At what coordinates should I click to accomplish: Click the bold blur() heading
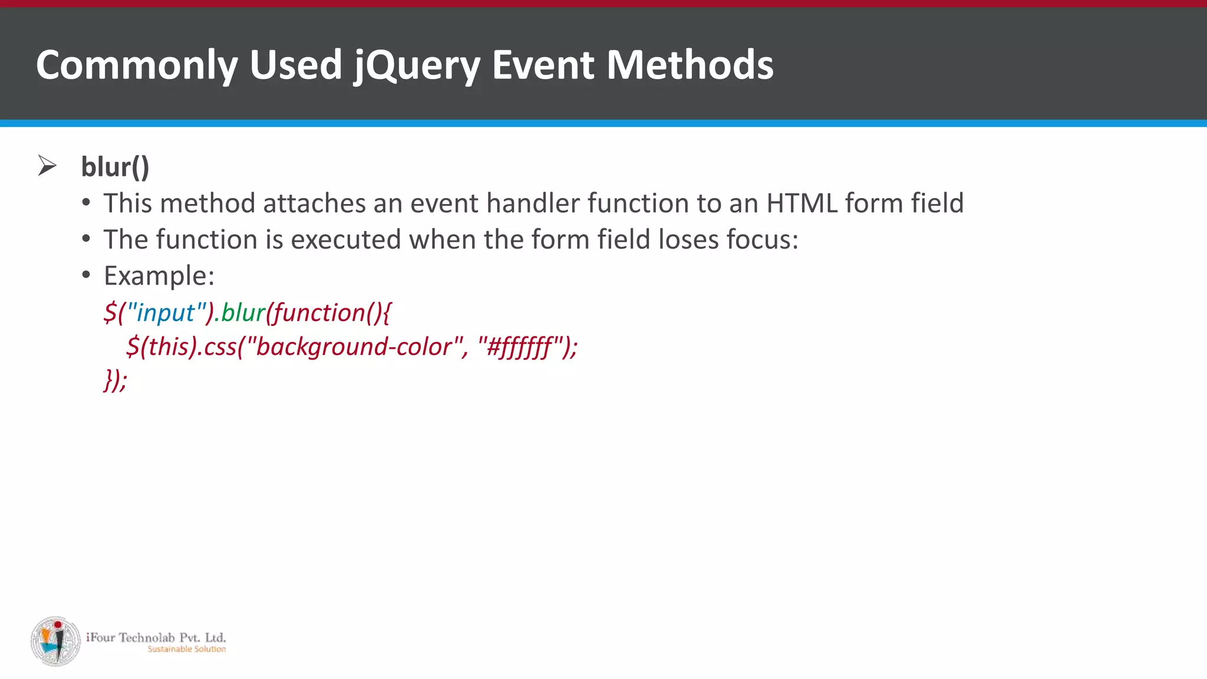[x=115, y=167]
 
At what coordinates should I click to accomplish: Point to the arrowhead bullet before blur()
[x=47, y=166]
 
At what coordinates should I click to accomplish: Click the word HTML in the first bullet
[x=802, y=203]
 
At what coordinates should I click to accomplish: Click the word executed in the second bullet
[x=346, y=240]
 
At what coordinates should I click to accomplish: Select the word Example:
[x=159, y=276]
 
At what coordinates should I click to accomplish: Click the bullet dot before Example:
[x=87, y=275]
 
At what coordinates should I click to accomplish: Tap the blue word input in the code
[x=166, y=312]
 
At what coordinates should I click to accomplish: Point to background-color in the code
[x=354, y=347]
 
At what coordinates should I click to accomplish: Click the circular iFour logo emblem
[x=56, y=641]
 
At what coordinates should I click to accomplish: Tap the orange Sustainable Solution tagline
[x=186, y=649]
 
